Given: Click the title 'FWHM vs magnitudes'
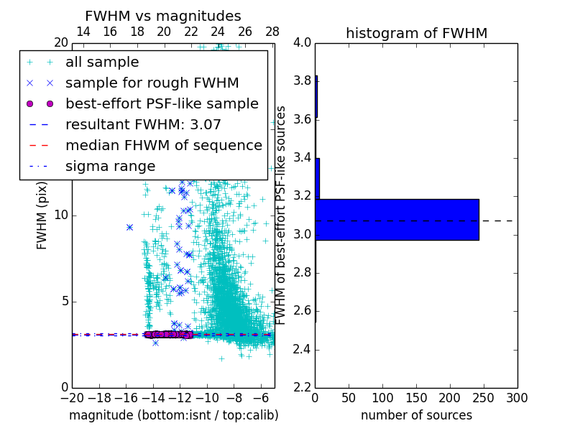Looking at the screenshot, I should pyautogui.click(x=162, y=16).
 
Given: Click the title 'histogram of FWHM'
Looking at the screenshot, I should pyautogui.click(x=416, y=33).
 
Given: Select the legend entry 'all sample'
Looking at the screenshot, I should pyautogui.click(x=102, y=62).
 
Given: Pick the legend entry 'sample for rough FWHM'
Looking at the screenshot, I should pyautogui.click(x=152, y=83).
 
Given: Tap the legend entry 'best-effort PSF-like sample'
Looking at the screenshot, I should pyautogui.click(x=162, y=103).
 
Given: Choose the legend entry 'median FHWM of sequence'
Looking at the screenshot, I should pyautogui.click(x=163, y=145).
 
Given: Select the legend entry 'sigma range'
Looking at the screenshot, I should pyautogui.click(x=110, y=166).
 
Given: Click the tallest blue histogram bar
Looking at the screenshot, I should pyautogui.click(x=397, y=219).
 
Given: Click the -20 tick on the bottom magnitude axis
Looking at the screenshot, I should pyautogui.click(x=72, y=398).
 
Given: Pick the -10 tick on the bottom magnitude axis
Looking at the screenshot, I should pyautogui.click(x=207, y=398).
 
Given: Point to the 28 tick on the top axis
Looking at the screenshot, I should pyautogui.click(x=272, y=32).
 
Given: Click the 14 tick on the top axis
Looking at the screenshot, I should pyautogui.click(x=83, y=32).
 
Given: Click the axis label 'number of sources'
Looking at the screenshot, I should pyautogui.click(x=416, y=415).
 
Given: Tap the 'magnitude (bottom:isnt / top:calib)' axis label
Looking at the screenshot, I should pyautogui.click(x=173, y=415).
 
